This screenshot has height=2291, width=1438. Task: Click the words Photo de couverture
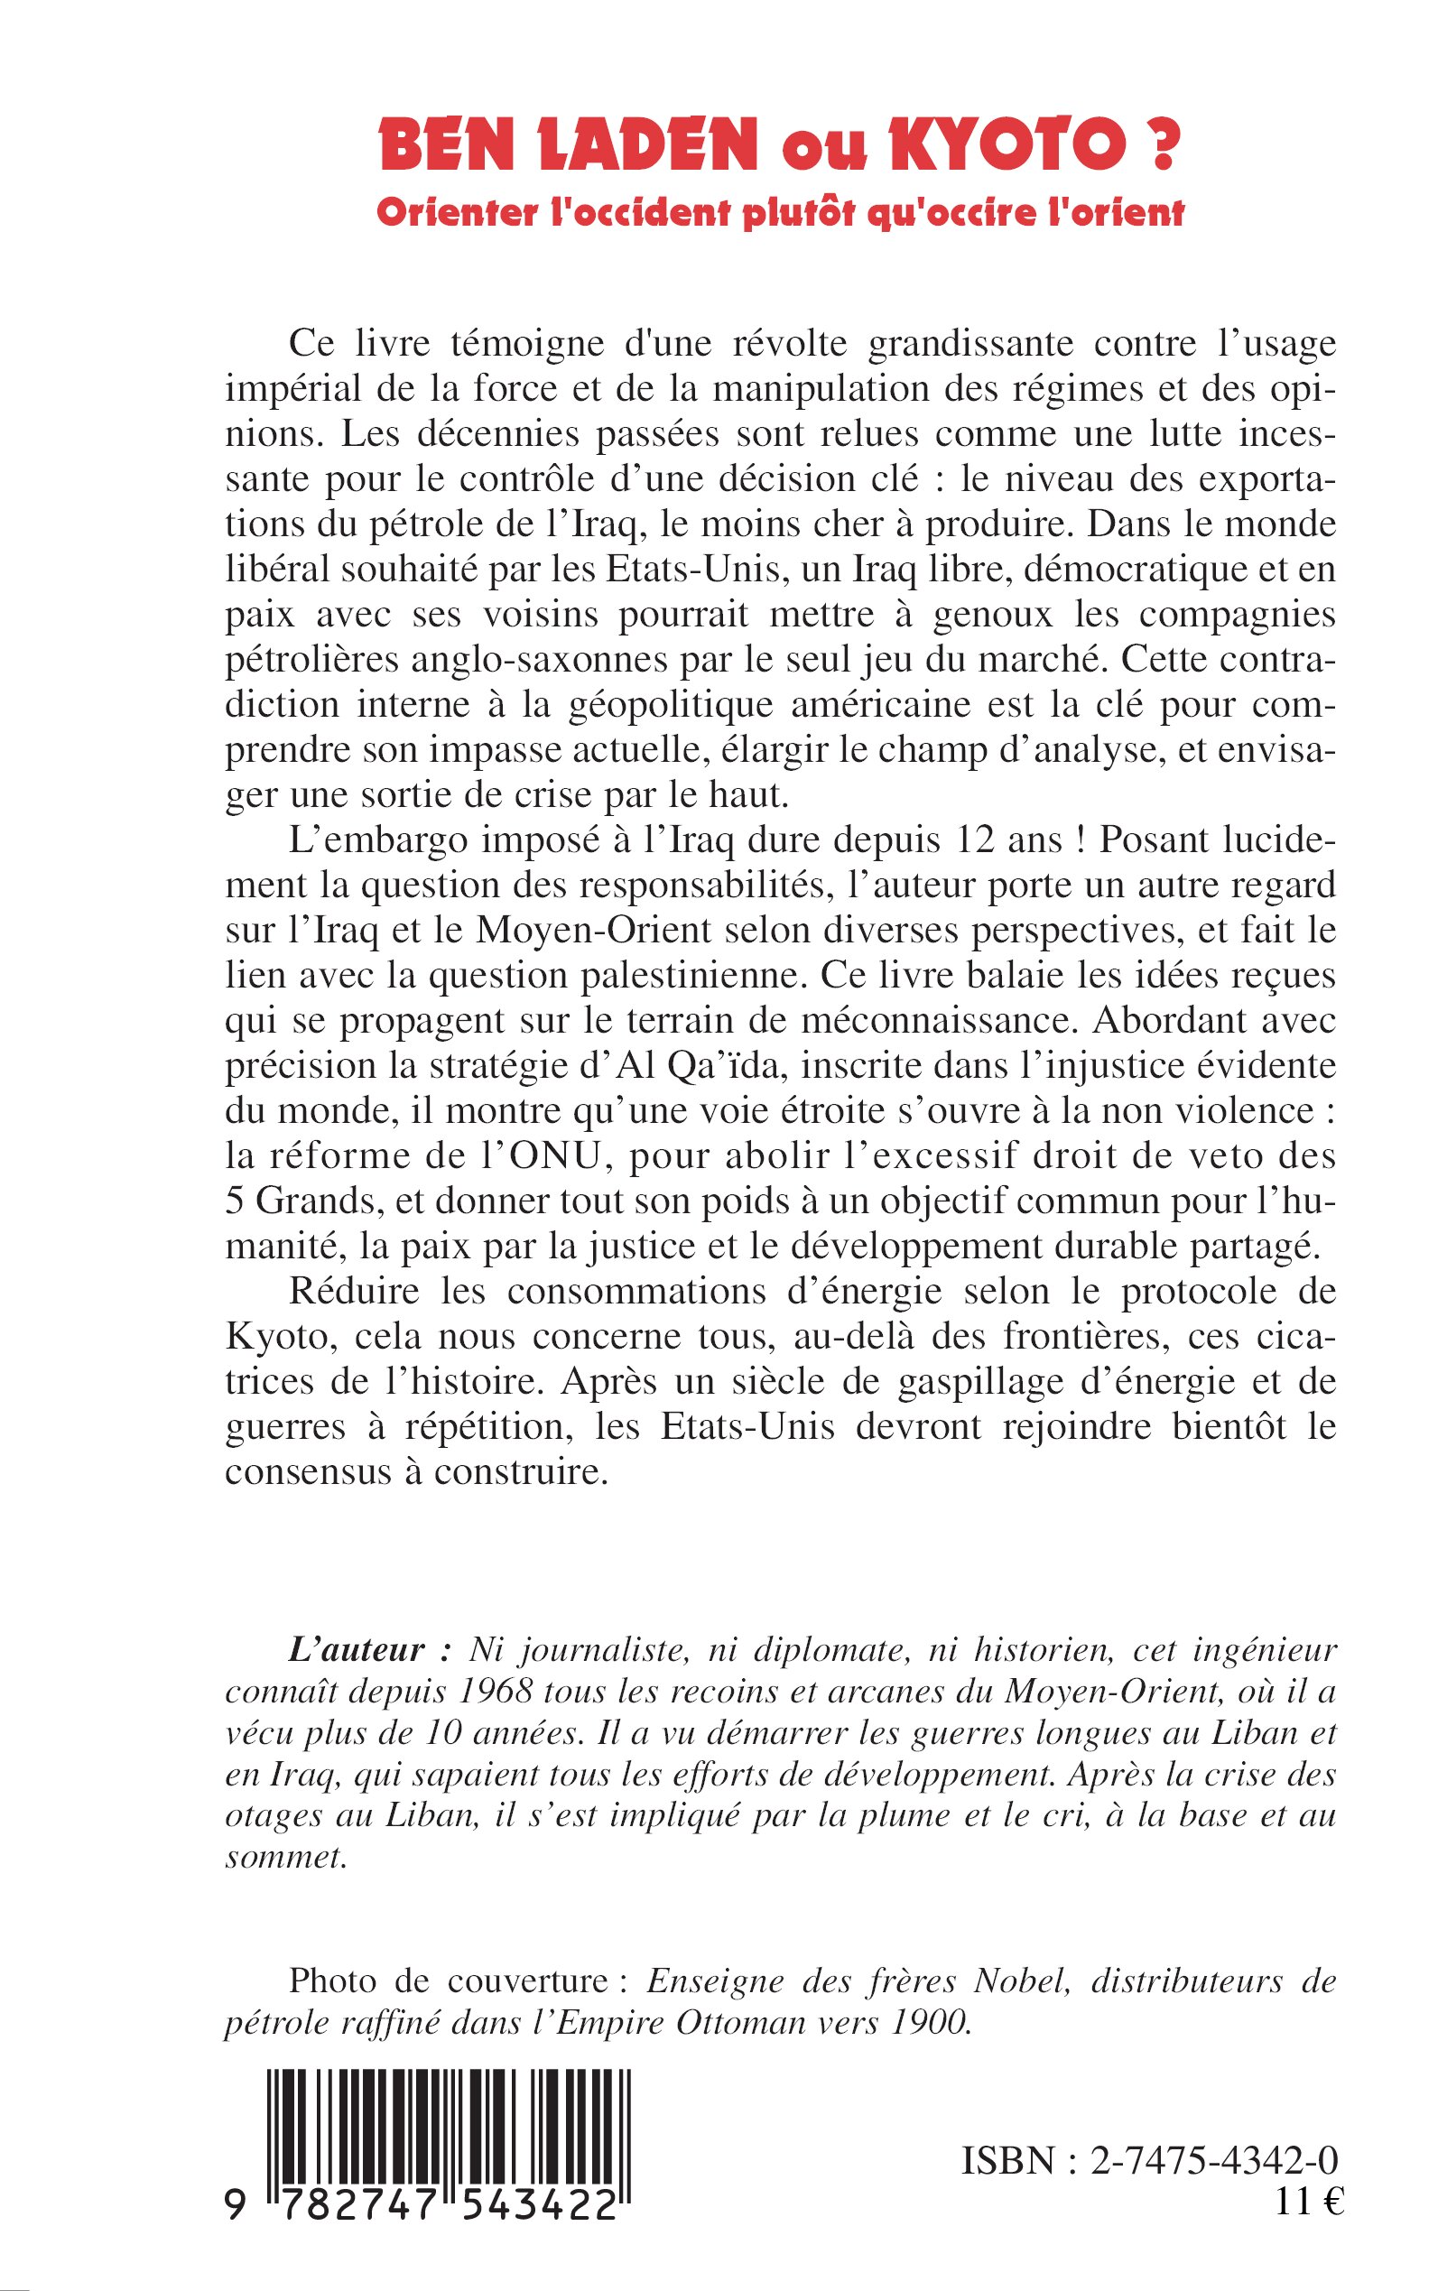click(447, 1982)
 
